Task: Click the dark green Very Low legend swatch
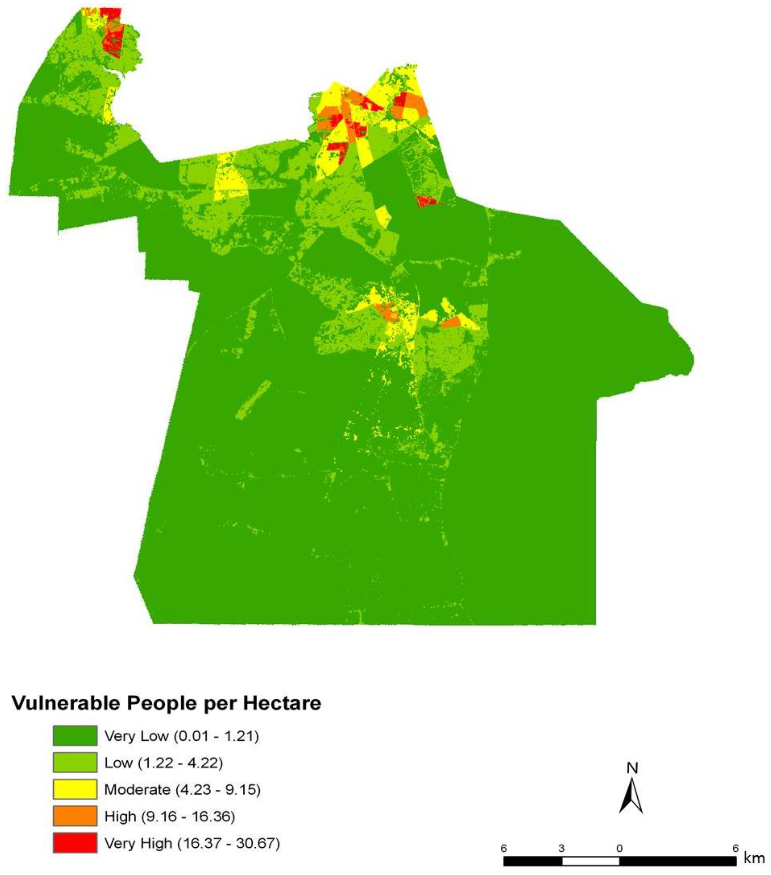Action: pos(75,736)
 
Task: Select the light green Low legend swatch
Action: pos(75,762)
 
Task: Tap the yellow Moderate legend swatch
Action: pos(75,789)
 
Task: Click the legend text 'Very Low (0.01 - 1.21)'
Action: pos(181,736)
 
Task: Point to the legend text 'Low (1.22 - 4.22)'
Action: pos(163,762)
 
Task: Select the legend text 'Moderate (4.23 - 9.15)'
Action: pos(182,789)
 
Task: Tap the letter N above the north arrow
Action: pos(632,768)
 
